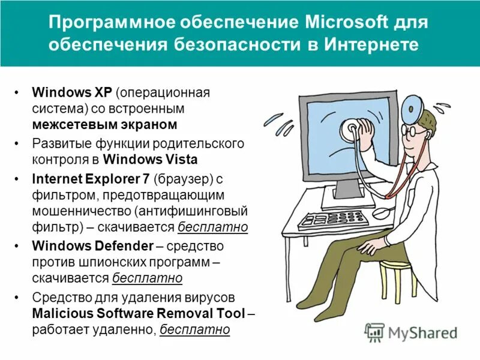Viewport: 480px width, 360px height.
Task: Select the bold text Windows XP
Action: (72, 93)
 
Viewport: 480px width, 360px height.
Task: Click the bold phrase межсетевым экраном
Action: (105, 125)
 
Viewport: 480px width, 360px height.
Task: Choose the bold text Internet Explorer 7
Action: (91, 179)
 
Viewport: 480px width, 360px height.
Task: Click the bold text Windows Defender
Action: (92, 245)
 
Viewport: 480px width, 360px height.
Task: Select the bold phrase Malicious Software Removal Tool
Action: (139, 313)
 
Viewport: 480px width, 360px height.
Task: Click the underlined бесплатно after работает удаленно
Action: (196, 329)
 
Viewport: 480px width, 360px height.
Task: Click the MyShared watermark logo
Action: (411, 332)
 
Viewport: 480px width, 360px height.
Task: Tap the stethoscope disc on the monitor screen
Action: (350, 128)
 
